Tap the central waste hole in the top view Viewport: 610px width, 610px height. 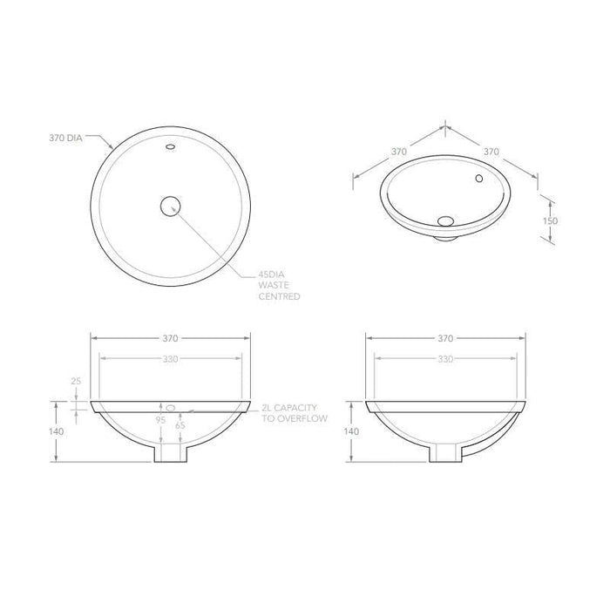[x=170, y=206]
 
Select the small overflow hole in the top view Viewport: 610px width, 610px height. [x=170, y=149]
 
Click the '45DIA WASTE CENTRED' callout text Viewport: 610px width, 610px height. [x=279, y=285]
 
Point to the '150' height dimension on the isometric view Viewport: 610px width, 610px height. [x=550, y=220]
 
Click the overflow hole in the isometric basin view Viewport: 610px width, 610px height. [x=478, y=179]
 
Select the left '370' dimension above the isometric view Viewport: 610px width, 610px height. [x=398, y=151]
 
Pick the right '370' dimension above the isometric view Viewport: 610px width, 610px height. [x=491, y=151]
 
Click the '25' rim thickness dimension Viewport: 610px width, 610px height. [x=76, y=382]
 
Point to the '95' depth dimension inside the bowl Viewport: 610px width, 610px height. [x=160, y=420]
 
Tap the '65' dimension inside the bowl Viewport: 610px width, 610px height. [x=180, y=425]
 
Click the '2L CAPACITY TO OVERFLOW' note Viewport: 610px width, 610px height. [x=294, y=413]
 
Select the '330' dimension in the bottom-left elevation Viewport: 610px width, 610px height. [x=170, y=358]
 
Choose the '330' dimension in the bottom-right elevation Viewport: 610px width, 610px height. [x=444, y=358]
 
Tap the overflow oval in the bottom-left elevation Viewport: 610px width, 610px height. [x=171, y=407]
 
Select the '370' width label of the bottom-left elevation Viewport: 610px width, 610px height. [x=170, y=338]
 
